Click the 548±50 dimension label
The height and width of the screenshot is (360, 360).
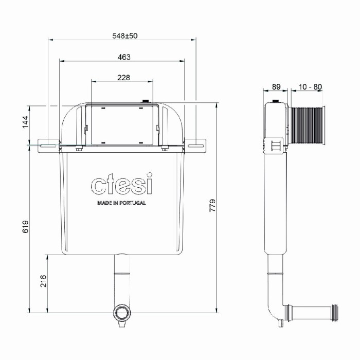[x=122, y=35]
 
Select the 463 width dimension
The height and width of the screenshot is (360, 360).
[x=123, y=57]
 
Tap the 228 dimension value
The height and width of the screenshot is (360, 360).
[x=123, y=78]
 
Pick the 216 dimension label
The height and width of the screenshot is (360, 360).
[x=44, y=281]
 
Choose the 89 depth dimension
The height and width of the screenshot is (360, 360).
[x=276, y=87]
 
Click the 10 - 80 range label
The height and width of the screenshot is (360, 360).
[x=309, y=87]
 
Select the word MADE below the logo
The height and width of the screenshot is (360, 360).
[x=105, y=203]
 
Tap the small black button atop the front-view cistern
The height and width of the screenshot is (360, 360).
[x=146, y=101]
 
